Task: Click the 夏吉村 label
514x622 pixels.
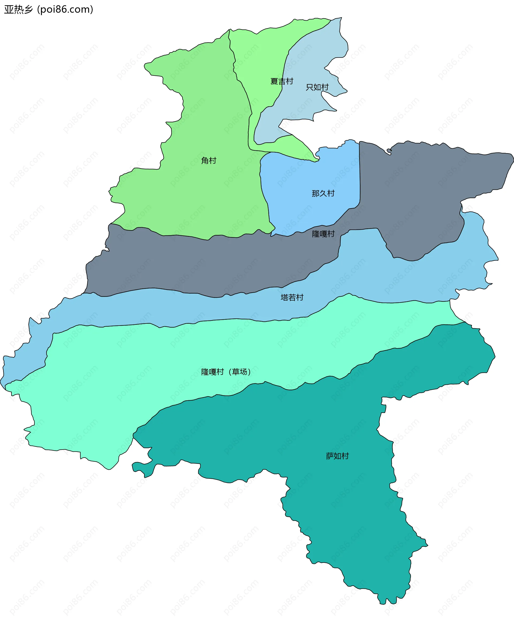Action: tap(282, 81)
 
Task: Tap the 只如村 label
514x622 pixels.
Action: tap(317, 87)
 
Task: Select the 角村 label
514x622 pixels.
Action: tap(209, 161)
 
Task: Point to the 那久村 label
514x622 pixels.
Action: tap(323, 193)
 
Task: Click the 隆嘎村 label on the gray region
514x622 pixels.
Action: tap(323, 234)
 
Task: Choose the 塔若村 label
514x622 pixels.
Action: tap(292, 297)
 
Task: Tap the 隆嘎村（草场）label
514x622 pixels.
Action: tap(226, 372)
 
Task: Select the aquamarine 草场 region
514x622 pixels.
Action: tap(148, 370)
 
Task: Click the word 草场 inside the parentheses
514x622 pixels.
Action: tap(239, 372)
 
